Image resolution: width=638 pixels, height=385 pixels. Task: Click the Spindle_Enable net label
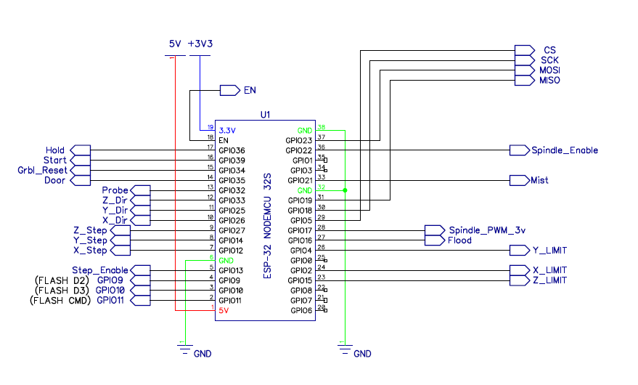[564, 150]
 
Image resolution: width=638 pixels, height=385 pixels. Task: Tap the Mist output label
[539, 180]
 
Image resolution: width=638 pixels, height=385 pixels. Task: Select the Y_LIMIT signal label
[549, 251]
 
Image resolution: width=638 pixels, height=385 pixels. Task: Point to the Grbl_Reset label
[42, 171]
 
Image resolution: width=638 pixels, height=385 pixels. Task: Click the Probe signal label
[115, 190]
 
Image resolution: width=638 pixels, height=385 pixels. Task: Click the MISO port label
[549, 81]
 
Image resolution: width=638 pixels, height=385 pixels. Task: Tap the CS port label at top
[549, 50]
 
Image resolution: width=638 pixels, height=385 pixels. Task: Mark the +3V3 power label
[200, 44]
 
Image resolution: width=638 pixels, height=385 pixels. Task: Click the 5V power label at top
[175, 44]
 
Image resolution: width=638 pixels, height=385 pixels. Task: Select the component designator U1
[265, 115]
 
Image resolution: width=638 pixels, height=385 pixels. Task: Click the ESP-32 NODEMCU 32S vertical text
[267, 226]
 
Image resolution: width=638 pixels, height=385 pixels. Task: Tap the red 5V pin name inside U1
[224, 311]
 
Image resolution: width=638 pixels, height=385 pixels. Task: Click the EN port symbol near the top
[229, 91]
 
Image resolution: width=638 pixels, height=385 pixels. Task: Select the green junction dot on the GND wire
[345, 190]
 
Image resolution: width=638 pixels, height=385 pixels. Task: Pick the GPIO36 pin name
[232, 150]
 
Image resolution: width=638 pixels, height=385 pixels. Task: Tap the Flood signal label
[459, 240]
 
